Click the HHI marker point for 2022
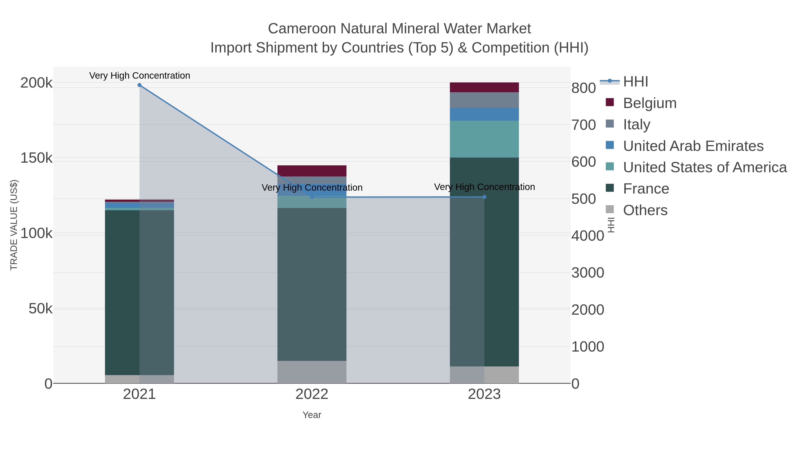[x=312, y=197]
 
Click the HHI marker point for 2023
[x=485, y=197]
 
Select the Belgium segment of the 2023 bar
[x=484, y=87]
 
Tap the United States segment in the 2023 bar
[x=484, y=139]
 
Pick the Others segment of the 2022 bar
[x=312, y=372]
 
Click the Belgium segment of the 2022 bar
[x=312, y=171]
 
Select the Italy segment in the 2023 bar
[x=484, y=100]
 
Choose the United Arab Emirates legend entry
[x=693, y=146]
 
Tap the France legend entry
[x=646, y=189]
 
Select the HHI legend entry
[x=635, y=82]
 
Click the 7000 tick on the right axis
[x=584, y=125]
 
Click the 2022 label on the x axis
[x=312, y=394]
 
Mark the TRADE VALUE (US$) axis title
[x=14, y=225]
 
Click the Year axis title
[x=312, y=415]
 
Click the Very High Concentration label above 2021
[x=140, y=76]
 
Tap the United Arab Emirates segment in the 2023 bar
[x=484, y=114]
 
